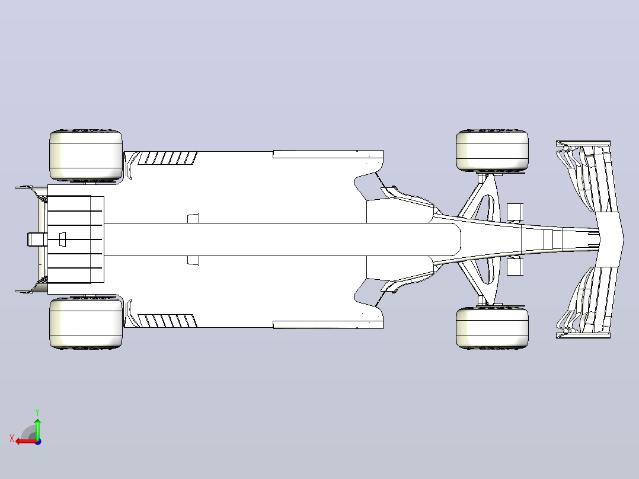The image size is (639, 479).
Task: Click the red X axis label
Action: pos(12,439)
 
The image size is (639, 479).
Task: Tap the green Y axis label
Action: pos(37,412)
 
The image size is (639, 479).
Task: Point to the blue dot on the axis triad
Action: pos(38,442)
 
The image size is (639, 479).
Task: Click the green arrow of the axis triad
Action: pos(37,429)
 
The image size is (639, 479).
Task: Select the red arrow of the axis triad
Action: pos(26,442)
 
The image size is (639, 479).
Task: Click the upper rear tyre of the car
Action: pos(85,155)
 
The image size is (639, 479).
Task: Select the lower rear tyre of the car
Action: pos(85,323)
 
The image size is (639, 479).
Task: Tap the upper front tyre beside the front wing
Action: pos(492,151)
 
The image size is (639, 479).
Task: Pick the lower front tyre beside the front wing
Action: pos(492,328)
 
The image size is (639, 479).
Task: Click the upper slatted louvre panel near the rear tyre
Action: pos(168,158)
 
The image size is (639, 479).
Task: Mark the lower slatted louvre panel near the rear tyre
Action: pos(168,321)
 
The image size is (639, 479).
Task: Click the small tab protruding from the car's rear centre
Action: pos(37,239)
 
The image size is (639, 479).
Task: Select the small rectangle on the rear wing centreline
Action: pos(62,239)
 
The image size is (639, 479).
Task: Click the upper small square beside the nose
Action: pos(515,212)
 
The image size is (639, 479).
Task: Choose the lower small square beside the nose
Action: pos(515,267)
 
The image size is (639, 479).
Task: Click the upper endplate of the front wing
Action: pos(583,143)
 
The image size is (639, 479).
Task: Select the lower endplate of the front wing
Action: pos(583,336)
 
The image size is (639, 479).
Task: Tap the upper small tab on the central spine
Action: pos(193,219)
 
